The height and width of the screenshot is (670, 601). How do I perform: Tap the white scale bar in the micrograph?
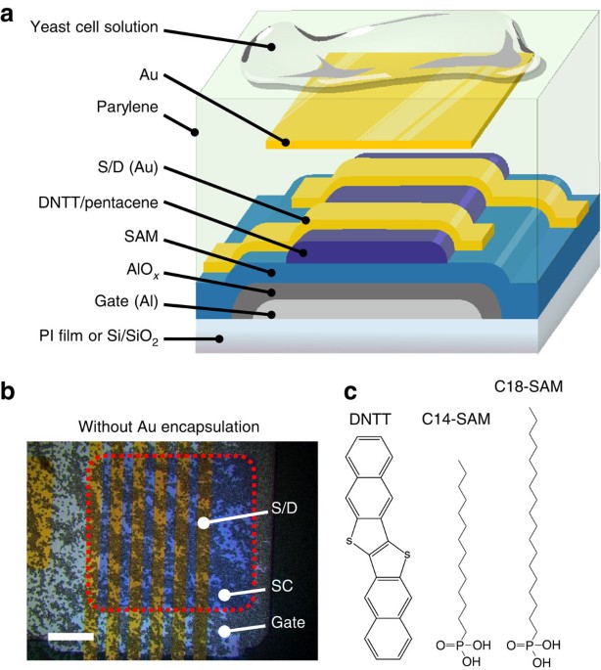pyautogui.click(x=69, y=638)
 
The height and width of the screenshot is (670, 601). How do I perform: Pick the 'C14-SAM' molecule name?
pyautogui.click(x=455, y=420)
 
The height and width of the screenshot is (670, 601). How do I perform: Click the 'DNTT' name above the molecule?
pyautogui.click(x=369, y=420)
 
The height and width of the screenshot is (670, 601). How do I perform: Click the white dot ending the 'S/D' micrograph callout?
pyautogui.click(x=203, y=523)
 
